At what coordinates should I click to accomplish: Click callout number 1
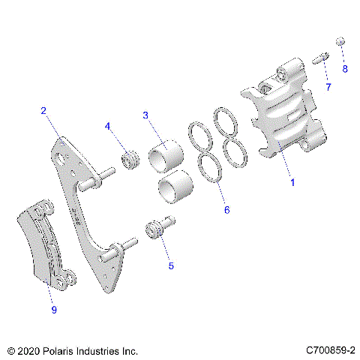point(292,182)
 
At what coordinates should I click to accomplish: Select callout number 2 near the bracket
point(44,111)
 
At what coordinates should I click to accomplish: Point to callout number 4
point(108,126)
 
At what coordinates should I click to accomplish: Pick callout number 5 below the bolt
point(170,265)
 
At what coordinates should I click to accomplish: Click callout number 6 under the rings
point(226,211)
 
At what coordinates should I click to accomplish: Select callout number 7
point(328,88)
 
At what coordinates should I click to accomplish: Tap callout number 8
point(345,69)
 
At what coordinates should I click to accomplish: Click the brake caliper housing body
point(281,120)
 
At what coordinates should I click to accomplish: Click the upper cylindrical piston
point(166,156)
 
